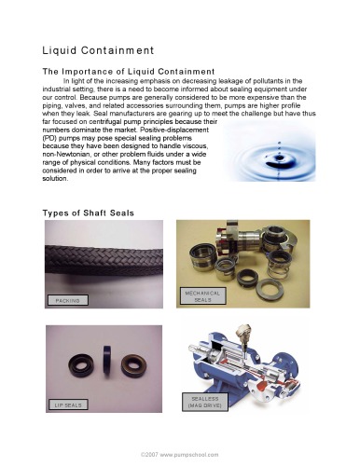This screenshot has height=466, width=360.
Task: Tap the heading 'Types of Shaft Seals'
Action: (89, 213)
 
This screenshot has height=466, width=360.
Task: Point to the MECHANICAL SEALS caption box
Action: (203, 296)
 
